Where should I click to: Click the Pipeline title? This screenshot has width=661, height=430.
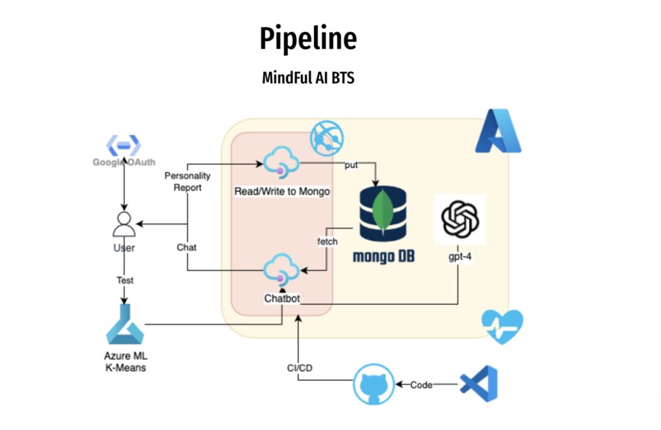pos(308,38)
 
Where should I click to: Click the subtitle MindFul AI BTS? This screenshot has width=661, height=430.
pos(308,79)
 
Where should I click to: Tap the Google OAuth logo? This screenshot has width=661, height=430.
pos(123,147)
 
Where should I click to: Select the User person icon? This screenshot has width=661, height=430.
pos(123,223)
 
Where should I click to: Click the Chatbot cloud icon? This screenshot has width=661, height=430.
pos(281,269)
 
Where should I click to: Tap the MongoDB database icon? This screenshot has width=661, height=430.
pos(382,215)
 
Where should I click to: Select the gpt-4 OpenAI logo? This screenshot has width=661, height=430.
pos(459,219)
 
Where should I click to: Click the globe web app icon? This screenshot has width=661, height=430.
pos(326,138)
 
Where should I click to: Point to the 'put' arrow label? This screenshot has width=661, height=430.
pos(350,165)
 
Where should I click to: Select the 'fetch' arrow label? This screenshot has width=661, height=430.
pos(328,242)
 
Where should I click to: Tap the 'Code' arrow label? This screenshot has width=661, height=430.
pos(422,384)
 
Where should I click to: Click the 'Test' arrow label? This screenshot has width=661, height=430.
pos(124,280)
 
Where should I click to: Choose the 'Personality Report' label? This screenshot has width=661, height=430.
pos(187,181)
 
